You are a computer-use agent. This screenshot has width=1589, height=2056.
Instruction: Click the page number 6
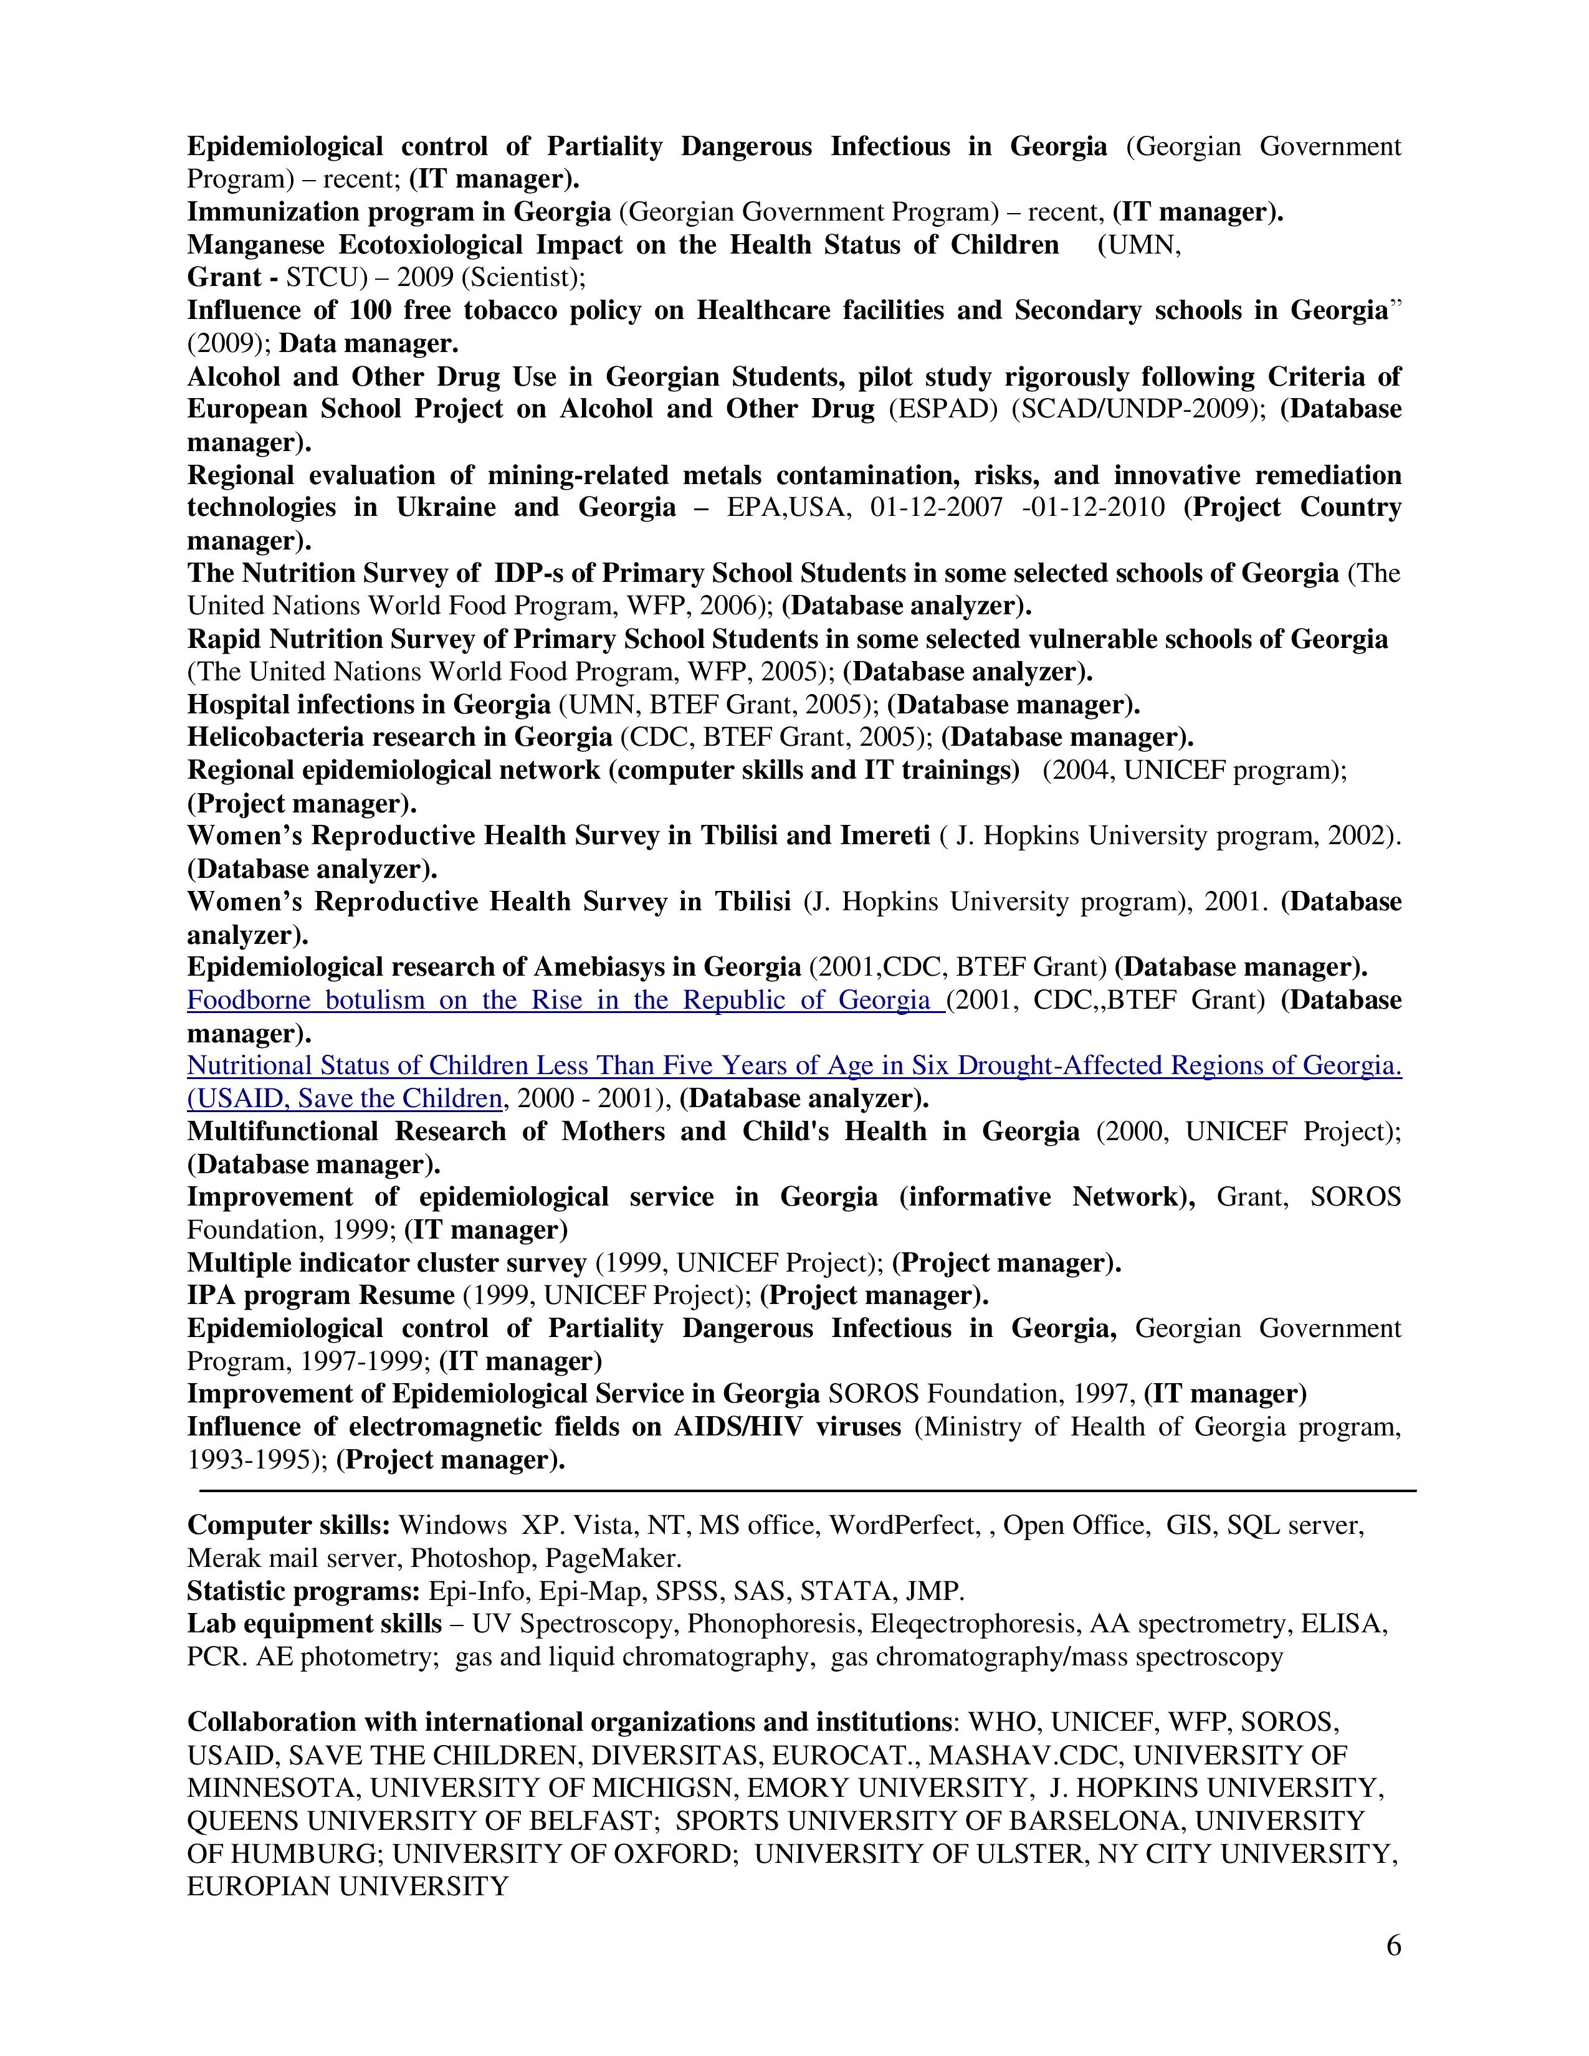[x=1393, y=1945]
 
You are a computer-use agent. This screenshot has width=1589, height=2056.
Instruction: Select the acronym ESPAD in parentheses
[x=942, y=409]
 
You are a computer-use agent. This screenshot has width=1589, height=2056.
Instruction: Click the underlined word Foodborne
[x=247, y=1000]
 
